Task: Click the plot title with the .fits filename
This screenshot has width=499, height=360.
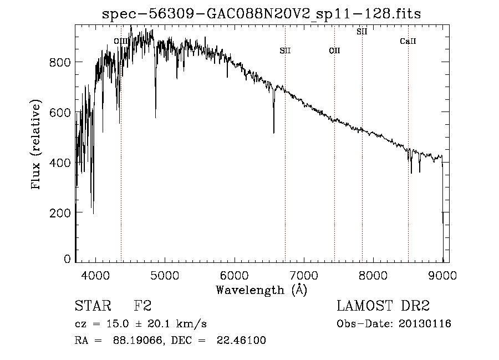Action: pos(262,14)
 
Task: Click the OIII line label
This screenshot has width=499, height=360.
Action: pos(121,41)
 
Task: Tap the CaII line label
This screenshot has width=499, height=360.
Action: pos(408,42)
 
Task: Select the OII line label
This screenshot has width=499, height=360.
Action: pos(334,51)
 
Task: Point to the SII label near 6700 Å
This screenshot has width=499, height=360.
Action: pos(285,51)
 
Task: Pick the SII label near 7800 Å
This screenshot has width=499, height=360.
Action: pos(361,32)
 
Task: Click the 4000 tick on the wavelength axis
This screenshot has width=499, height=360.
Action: pos(95,275)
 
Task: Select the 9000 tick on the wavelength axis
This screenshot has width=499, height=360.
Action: pos(442,275)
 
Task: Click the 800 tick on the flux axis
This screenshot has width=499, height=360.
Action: pos(62,62)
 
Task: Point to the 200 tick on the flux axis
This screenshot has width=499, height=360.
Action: pos(62,213)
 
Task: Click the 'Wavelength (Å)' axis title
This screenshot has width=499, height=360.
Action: pos(261,290)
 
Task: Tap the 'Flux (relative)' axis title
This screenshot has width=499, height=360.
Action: pos(37,145)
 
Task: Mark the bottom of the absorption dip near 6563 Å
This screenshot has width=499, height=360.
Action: pos(273,133)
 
